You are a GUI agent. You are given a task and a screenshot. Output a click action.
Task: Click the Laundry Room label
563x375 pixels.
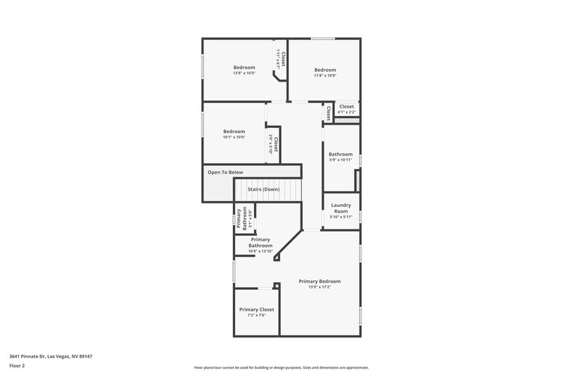[x=341, y=208]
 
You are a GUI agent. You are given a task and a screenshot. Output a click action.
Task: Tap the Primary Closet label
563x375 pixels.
[x=256, y=310]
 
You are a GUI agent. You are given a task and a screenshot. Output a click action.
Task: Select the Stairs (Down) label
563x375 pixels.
[x=264, y=189]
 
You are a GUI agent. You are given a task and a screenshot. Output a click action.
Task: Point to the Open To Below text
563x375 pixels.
[x=225, y=172]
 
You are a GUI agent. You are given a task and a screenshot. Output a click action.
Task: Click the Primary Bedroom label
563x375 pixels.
[x=320, y=281]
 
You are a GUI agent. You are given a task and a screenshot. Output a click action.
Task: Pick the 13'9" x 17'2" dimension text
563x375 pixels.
[x=320, y=287]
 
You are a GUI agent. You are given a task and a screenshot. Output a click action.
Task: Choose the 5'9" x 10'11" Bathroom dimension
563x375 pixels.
[x=341, y=160]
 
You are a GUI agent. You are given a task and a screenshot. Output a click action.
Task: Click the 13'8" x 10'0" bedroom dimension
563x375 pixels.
[x=244, y=73]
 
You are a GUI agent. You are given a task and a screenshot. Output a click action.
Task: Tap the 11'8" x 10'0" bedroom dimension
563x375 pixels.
[x=325, y=76]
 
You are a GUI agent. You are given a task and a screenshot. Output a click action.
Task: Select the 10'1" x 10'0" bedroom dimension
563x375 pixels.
[x=234, y=137]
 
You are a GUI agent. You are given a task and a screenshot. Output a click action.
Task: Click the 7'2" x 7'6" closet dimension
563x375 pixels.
[x=256, y=315]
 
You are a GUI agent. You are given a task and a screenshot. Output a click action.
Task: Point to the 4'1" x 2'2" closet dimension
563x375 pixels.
[x=346, y=112]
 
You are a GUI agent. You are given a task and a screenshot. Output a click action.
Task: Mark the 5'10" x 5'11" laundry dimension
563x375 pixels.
[x=341, y=217]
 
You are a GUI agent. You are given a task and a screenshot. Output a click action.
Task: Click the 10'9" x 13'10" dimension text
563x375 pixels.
[x=260, y=251]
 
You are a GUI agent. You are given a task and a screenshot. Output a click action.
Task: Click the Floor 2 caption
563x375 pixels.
[x=17, y=366]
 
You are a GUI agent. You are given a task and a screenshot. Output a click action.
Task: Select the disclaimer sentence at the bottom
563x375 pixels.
[x=281, y=367]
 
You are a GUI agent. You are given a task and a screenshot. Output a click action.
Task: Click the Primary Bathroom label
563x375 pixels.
[x=260, y=243]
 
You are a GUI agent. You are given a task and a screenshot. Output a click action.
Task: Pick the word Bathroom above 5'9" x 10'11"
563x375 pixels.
[x=341, y=154]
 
